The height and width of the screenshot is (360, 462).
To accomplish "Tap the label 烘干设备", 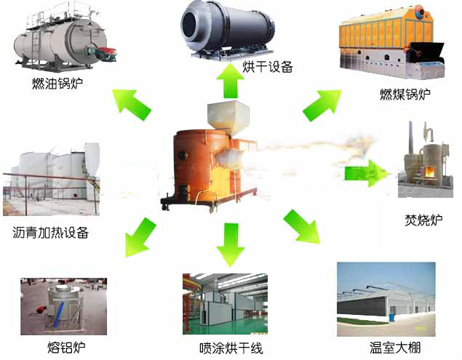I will [267, 68].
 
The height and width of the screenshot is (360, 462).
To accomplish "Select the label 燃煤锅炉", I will [405, 95].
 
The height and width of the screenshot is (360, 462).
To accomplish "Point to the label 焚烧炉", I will [423, 220].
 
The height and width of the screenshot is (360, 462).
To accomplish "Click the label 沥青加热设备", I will [51, 233].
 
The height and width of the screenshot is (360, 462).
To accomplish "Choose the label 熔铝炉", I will [65, 346].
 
